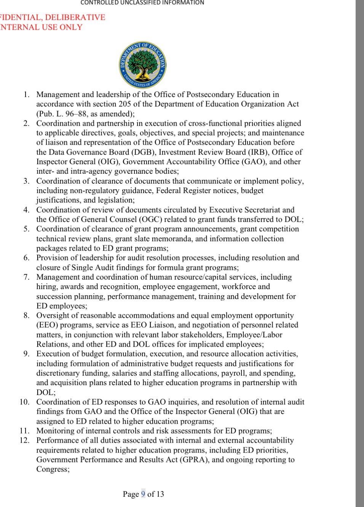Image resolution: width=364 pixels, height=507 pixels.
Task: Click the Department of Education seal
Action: click(x=142, y=65)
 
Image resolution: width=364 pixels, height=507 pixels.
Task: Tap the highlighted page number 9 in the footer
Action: click(x=143, y=494)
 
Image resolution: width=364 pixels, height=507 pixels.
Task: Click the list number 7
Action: click(x=26, y=277)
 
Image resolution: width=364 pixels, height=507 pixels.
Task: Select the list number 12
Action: click(x=24, y=440)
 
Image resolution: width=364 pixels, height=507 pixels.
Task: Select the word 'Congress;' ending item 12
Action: click(x=53, y=469)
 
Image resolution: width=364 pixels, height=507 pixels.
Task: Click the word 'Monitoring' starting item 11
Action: click(x=54, y=431)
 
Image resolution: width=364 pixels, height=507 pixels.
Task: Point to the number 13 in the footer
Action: click(x=160, y=494)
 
